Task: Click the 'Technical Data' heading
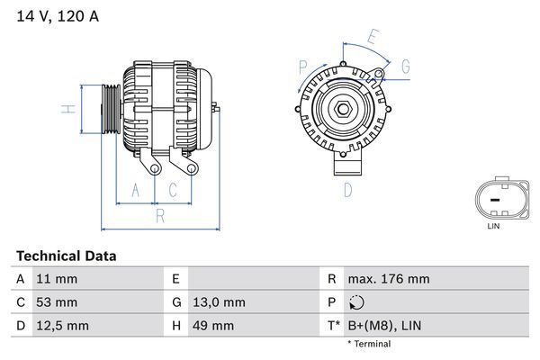coord(66,256)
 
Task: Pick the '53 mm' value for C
coord(56,302)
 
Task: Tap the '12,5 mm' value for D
coord(61,325)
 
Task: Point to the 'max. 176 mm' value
coord(388,280)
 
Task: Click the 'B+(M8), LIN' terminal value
coord(385,325)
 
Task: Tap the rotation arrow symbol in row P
coord(355,302)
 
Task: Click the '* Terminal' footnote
coord(369,344)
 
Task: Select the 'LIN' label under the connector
coord(493,226)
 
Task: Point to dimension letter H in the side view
coord(66,110)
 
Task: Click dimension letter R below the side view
coord(158,216)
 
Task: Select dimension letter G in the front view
coord(405,67)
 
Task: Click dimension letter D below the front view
coord(347,189)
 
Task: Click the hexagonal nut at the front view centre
coord(345,111)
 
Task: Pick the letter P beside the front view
coord(302,66)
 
